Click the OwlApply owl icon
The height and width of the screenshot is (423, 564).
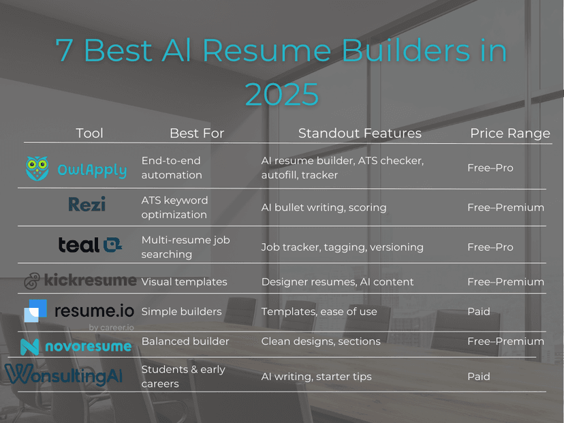click(x=37, y=168)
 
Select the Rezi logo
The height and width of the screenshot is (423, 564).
click(x=87, y=204)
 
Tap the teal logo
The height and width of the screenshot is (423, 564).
click(x=89, y=245)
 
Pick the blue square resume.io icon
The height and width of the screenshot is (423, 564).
click(x=35, y=311)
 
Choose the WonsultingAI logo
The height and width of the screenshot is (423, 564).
click(x=63, y=374)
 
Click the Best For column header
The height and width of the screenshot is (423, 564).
click(x=196, y=134)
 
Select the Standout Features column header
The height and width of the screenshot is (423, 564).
click(x=360, y=134)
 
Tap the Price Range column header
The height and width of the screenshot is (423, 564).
click(x=510, y=134)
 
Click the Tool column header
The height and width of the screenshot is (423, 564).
click(x=89, y=134)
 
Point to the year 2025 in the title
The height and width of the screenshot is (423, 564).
click(x=281, y=94)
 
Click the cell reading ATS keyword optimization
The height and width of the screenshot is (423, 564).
click(x=174, y=207)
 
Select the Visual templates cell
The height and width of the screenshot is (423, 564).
click(x=184, y=281)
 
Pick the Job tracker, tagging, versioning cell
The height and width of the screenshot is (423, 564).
click(x=342, y=247)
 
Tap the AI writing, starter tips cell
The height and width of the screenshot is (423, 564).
click(x=316, y=376)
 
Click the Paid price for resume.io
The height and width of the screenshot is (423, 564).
click(x=478, y=311)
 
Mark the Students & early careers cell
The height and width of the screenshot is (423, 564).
click(x=183, y=376)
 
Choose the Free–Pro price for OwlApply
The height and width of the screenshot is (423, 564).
click(x=490, y=168)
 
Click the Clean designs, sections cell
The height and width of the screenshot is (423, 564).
click(x=320, y=341)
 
